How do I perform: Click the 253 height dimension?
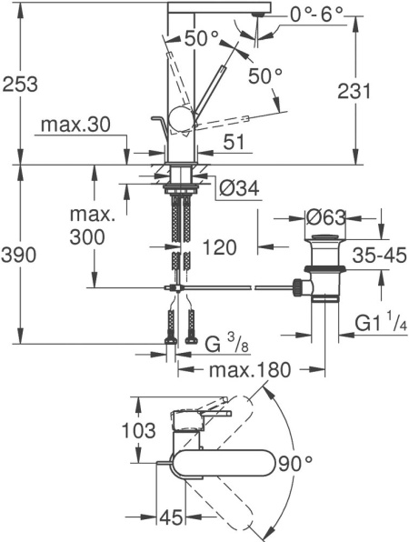pos(20,84)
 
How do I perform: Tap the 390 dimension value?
pos(20,256)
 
